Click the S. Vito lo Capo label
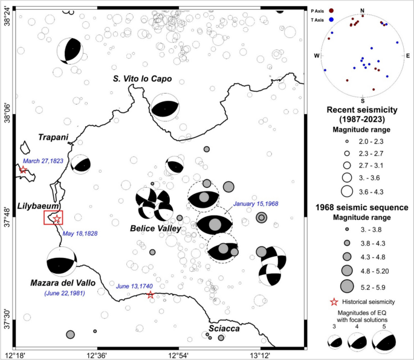[x=142, y=79]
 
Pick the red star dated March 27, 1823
[x=22, y=170]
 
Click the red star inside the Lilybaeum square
[x=56, y=218]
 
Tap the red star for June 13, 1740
[x=150, y=295]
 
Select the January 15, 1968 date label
[x=256, y=204]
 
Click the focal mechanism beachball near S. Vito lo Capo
[x=165, y=107]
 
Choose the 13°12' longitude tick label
[x=260, y=354]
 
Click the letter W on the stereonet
[x=316, y=56]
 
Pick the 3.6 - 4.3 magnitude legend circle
[x=346, y=191]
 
